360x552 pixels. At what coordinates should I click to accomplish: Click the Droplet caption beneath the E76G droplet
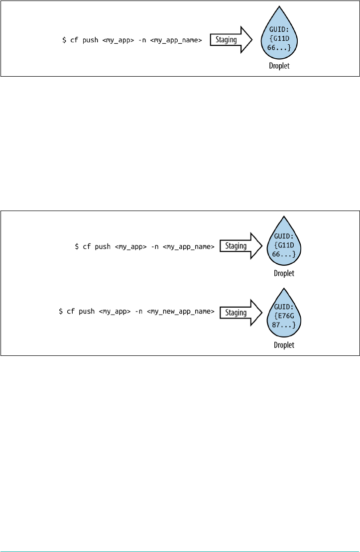pyautogui.click(x=284, y=345)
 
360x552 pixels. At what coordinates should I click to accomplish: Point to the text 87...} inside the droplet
pyautogui.click(x=284, y=324)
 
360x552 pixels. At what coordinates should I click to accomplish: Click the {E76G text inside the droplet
pyautogui.click(x=284, y=315)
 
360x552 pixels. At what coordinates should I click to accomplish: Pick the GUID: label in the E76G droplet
pyautogui.click(x=284, y=306)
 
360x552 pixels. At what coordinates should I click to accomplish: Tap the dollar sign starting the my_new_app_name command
pyautogui.click(x=61, y=312)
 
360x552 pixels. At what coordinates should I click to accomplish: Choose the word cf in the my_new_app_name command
pyautogui.click(x=70, y=312)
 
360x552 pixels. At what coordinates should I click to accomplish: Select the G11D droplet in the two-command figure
pyautogui.click(x=284, y=244)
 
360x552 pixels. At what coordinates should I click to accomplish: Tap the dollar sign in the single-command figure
pyautogui.click(x=64, y=40)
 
